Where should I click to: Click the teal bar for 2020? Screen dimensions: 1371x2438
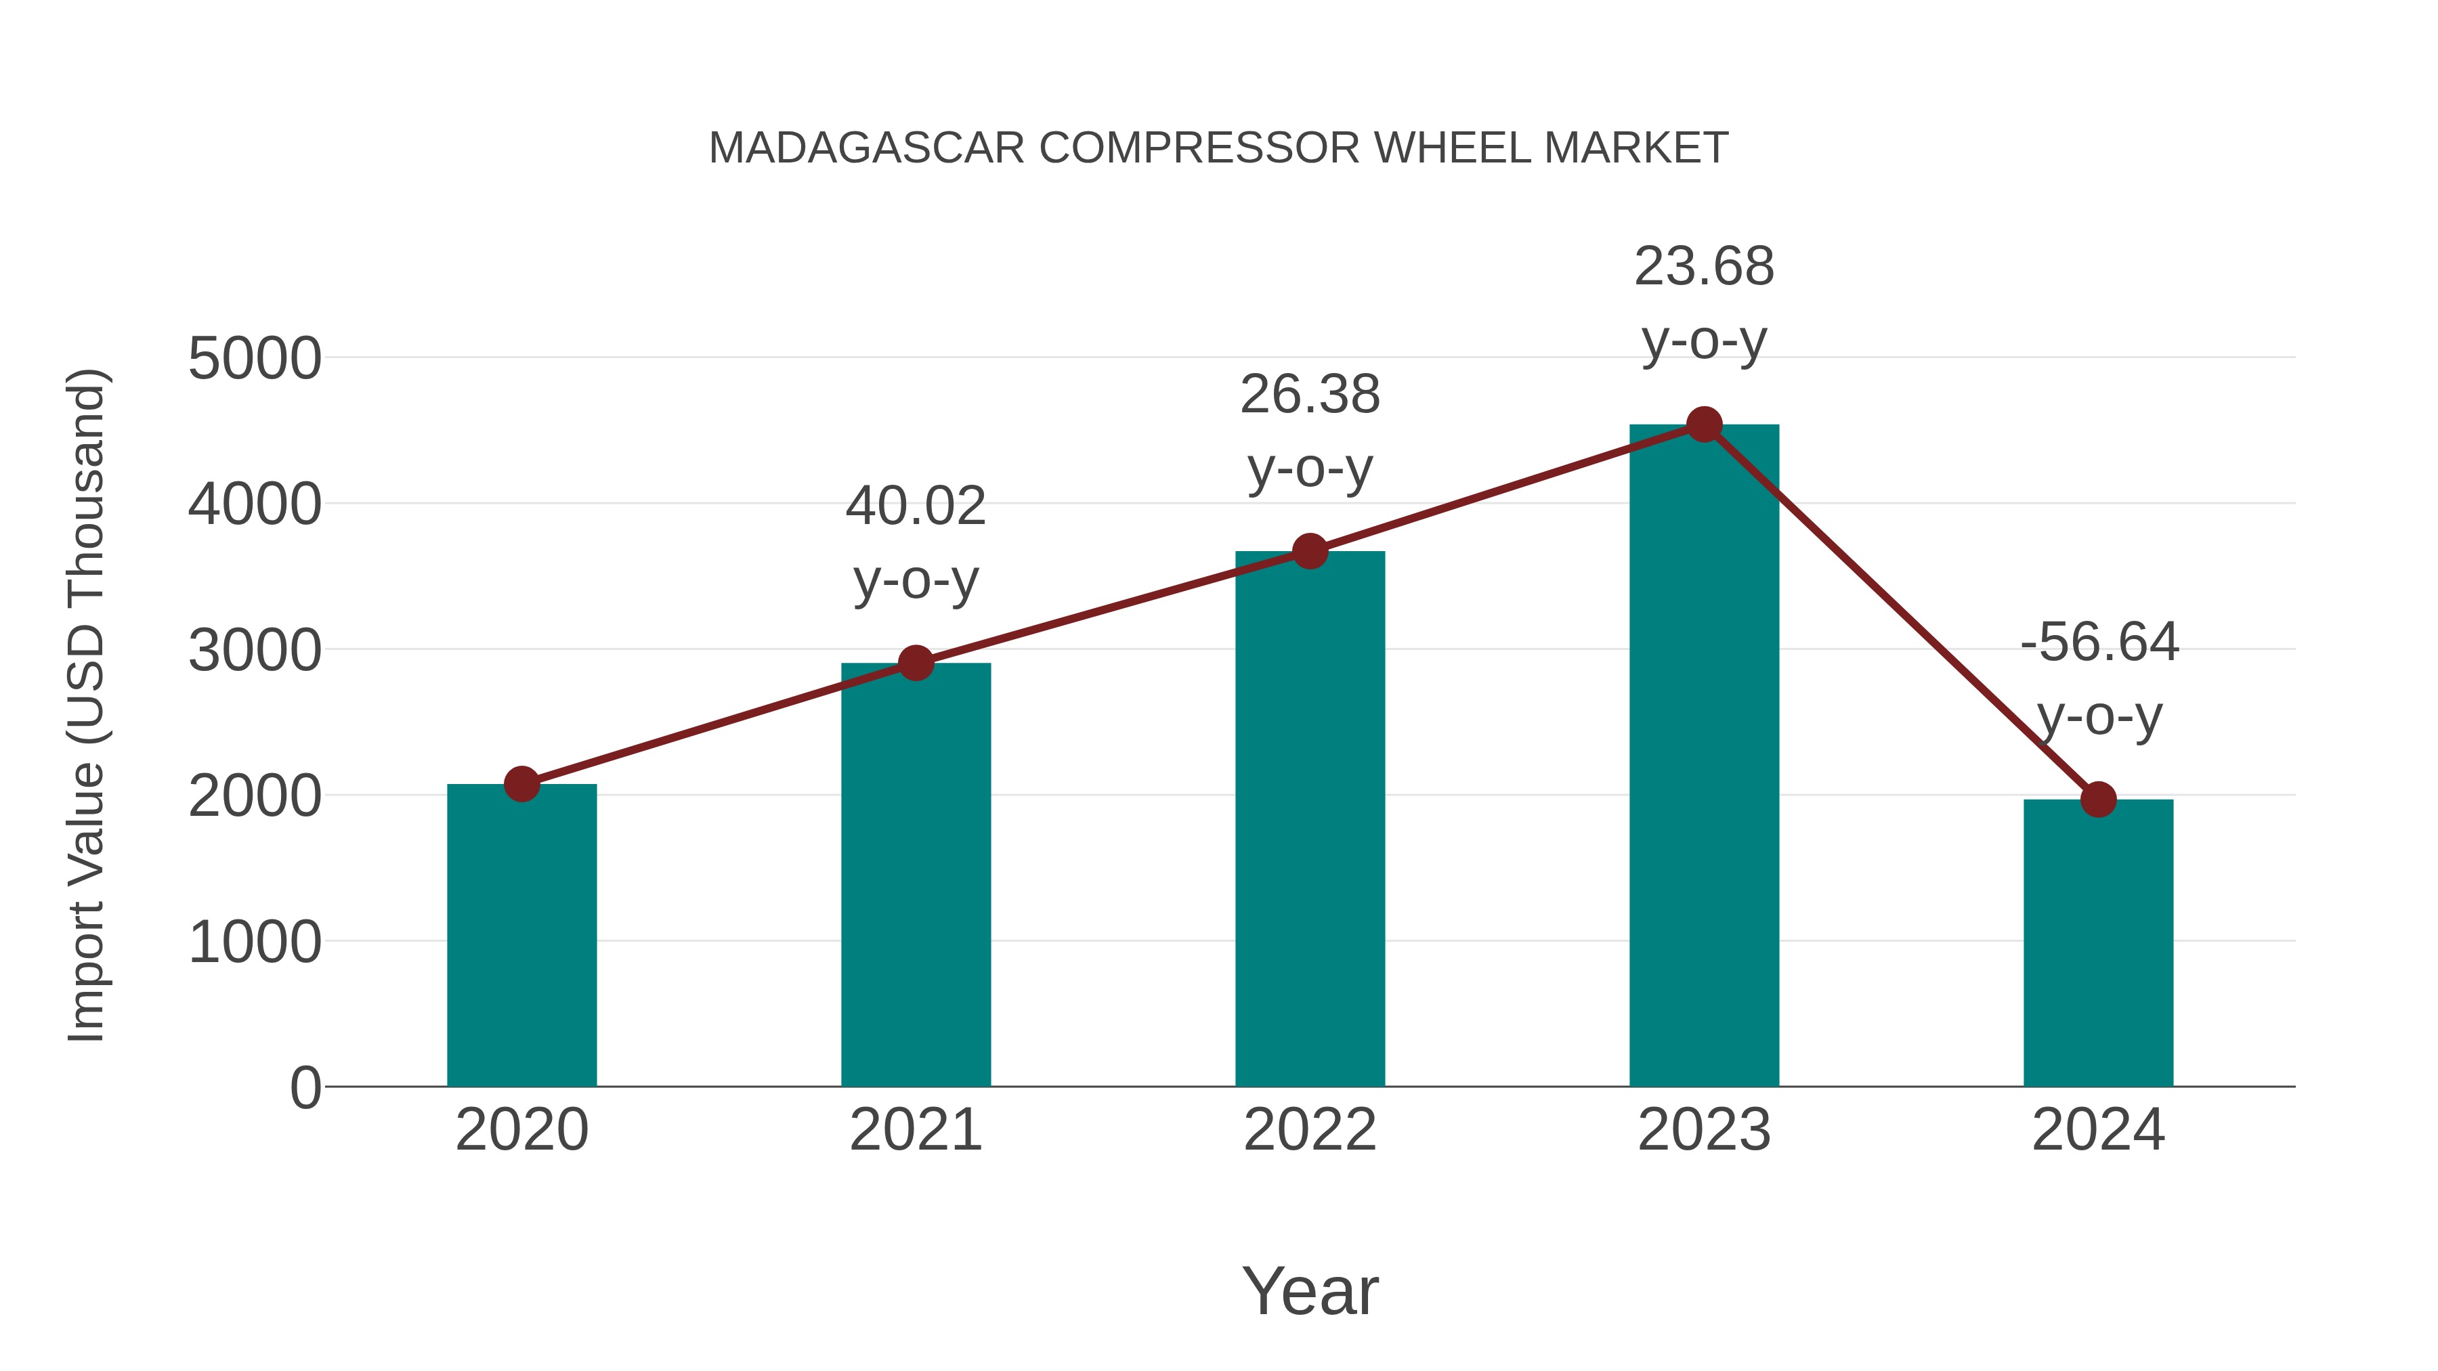pyautogui.click(x=521, y=937)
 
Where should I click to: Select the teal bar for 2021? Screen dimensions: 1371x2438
pyautogui.click(x=915, y=875)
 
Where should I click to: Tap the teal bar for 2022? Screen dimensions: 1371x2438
pyautogui.click(x=1310, y=819)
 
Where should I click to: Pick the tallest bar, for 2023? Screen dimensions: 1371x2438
pyautogui.click(x=1704, y=757)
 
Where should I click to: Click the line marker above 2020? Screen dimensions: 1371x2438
pyautogui.click(x=521, y=783)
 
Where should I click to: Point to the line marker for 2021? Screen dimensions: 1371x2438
pyautogui.click(x=915, y=663)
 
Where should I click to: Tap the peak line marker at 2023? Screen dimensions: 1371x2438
pyautogui.click(x=1704, y=425)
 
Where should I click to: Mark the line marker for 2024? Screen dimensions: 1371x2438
pyautogui.click(x=2098, y=800)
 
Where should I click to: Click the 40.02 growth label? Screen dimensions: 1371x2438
pyautogui.click(x=915, y=506)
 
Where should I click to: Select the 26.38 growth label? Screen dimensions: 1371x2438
pyautogui.click(x=1310, y=395)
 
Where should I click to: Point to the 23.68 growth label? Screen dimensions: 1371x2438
pyautogui.click(x=1704, y=267)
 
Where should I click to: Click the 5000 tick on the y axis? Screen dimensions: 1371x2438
pyautogui.click(x=255, y=360)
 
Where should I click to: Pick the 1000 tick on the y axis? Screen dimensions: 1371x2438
pyautogui.click(x=255, y=943)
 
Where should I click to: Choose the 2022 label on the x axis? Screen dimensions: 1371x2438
pyautogui.click(x=1310, y=1130)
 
